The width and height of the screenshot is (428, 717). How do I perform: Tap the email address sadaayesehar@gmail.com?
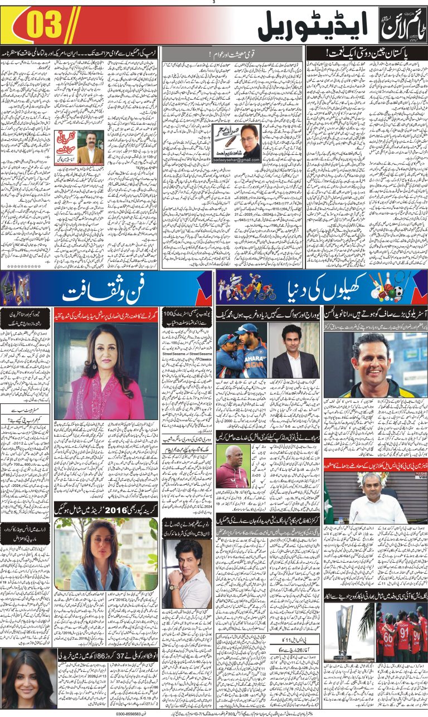[x=236, y=160]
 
